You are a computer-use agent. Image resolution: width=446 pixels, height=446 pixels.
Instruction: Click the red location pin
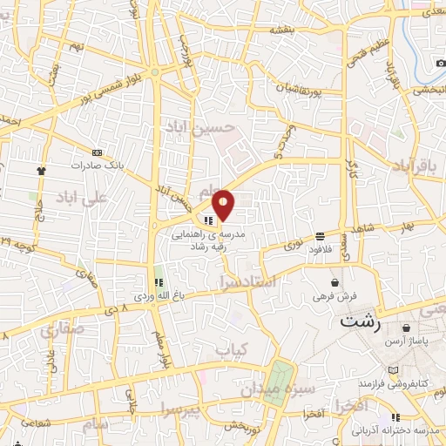coord(224,204)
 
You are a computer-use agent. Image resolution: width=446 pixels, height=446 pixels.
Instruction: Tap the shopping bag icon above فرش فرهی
coord(335,282)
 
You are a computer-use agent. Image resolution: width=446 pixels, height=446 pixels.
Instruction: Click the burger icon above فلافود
coord(321,235)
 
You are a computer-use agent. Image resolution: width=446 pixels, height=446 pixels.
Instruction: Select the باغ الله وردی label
coord(159,297)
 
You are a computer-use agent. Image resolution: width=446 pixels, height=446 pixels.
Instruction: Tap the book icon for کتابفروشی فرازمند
coord(396,371)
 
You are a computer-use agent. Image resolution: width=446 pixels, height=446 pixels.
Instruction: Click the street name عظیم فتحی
coord(380,51)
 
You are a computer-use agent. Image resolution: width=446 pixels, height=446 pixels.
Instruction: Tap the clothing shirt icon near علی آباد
coord(40,171)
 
